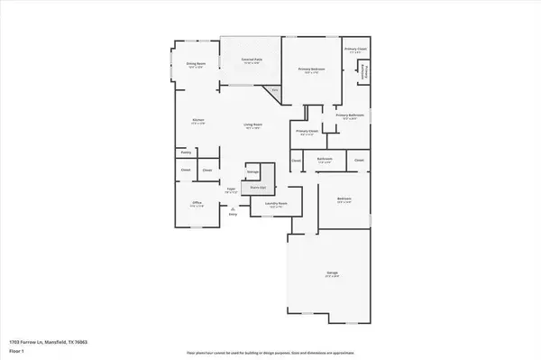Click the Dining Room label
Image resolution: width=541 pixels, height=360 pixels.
[x=197, y=64]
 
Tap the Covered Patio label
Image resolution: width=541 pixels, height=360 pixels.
[x=251, y=60]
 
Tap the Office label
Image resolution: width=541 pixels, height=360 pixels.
[x=197, y=204]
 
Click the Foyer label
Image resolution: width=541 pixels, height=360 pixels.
[x=231, y=189]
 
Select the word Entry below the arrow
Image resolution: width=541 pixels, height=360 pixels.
[x=233, y=214]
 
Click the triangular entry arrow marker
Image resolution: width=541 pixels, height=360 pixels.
[x=233, y=208]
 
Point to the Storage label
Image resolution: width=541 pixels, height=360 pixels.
[x=253, y=171]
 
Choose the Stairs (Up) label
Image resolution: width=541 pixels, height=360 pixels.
[x=257, y=189]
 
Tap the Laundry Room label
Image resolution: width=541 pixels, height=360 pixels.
[x=275, y=204]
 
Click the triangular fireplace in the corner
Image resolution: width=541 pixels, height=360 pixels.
[x=273, y=91]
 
